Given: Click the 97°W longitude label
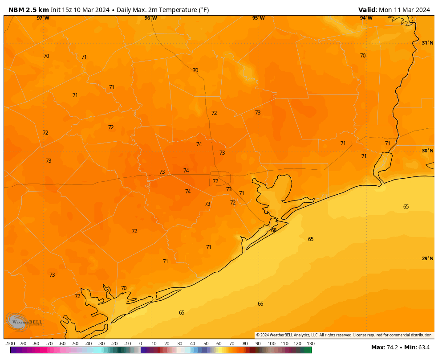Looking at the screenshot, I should click(43, 18).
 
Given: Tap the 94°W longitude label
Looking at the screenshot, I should click(366, 18).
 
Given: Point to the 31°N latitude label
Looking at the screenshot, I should click(427, 43).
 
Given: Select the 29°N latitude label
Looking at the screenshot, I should click(427, 259).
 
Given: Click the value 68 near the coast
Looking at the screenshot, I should click(274, 230).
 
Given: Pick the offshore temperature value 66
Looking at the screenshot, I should click(260, 304).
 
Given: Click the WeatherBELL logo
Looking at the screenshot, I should click(24, 322).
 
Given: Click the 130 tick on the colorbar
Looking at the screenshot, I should click(311, 344).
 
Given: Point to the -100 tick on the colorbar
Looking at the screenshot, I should click(10, 344).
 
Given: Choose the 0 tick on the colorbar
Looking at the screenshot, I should click(141, 344).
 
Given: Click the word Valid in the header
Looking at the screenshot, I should click(367, 10).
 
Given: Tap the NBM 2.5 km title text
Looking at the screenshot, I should click(28, 10).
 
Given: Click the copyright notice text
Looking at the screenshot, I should click(344, 335).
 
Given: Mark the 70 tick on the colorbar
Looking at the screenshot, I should click(232, 344).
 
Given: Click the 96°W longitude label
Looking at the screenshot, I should click(151, 18).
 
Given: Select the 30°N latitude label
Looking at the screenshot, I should click(427, 151).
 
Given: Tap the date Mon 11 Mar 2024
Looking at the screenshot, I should click(404, 10).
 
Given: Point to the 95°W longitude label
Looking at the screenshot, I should click(259, 18).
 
